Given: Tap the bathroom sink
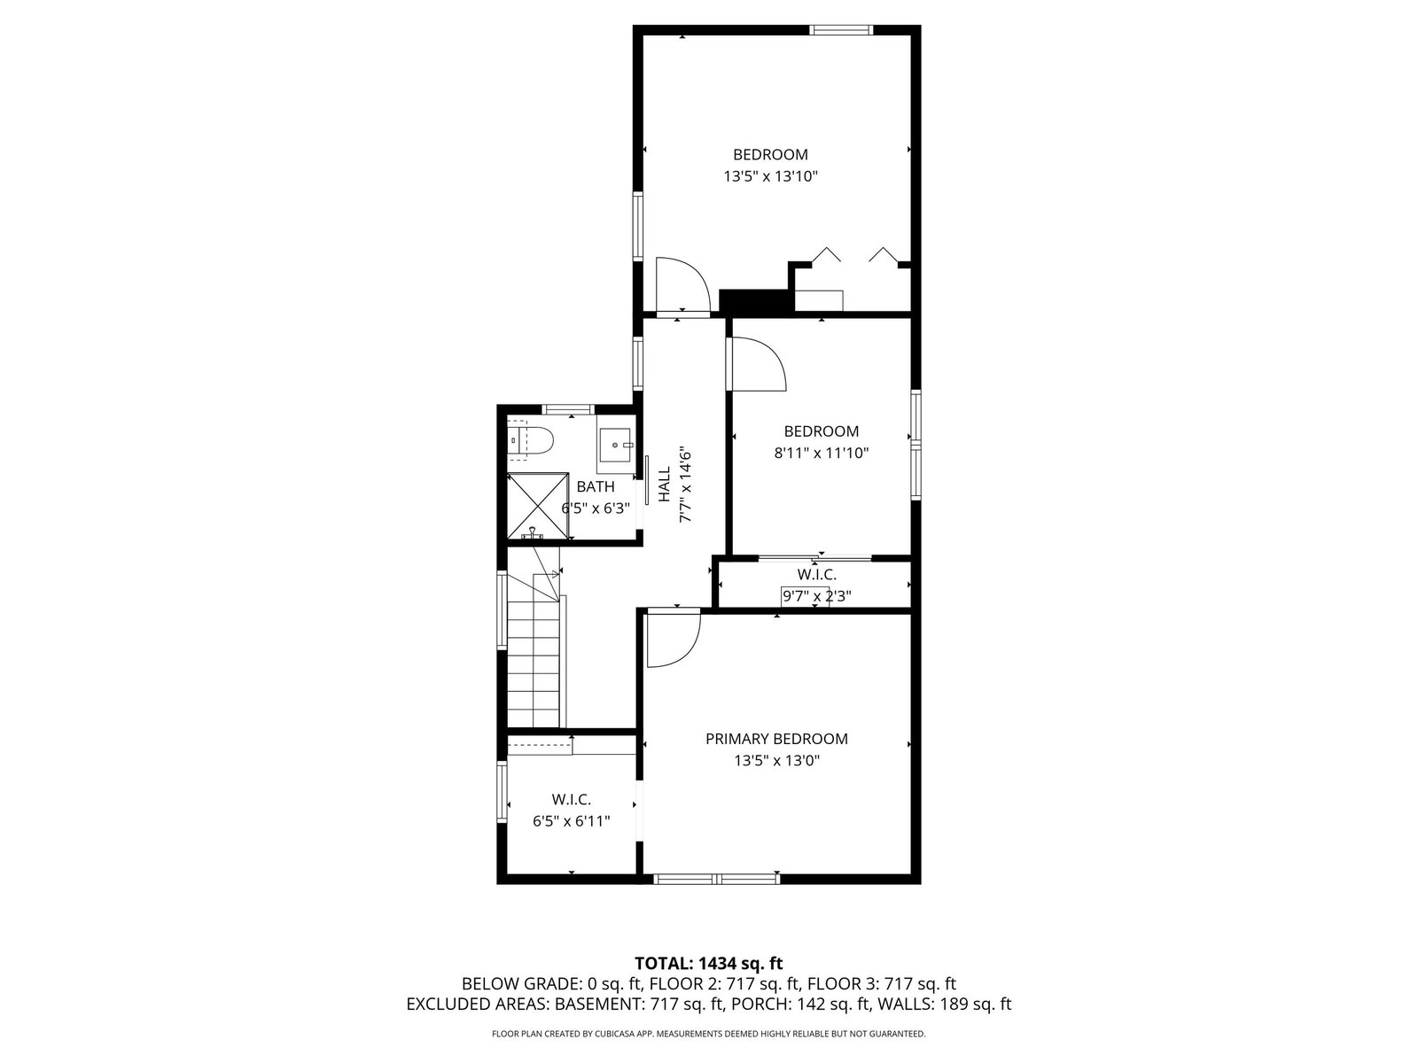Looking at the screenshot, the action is [x=613, y=445].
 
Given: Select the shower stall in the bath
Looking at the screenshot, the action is [x=537, y=506].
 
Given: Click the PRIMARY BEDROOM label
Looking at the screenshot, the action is [x=776, y=739].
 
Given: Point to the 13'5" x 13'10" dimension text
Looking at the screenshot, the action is [x=771, y=176].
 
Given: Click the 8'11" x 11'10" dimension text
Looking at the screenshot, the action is [x=821, y=453].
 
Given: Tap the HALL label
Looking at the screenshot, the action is [x=665, y=484].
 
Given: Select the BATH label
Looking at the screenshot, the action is [x=596, y=486].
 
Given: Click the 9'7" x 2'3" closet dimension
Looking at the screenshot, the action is [x=816, y=595].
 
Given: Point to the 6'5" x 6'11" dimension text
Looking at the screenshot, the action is [x=572, y=821].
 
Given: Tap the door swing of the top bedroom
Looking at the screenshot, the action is [x=683, y=285].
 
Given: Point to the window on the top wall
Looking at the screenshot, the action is [x=841, y=30].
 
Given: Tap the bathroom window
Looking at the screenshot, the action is [x=568, y=409].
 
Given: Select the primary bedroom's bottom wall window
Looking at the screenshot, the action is [x=716, y=879].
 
